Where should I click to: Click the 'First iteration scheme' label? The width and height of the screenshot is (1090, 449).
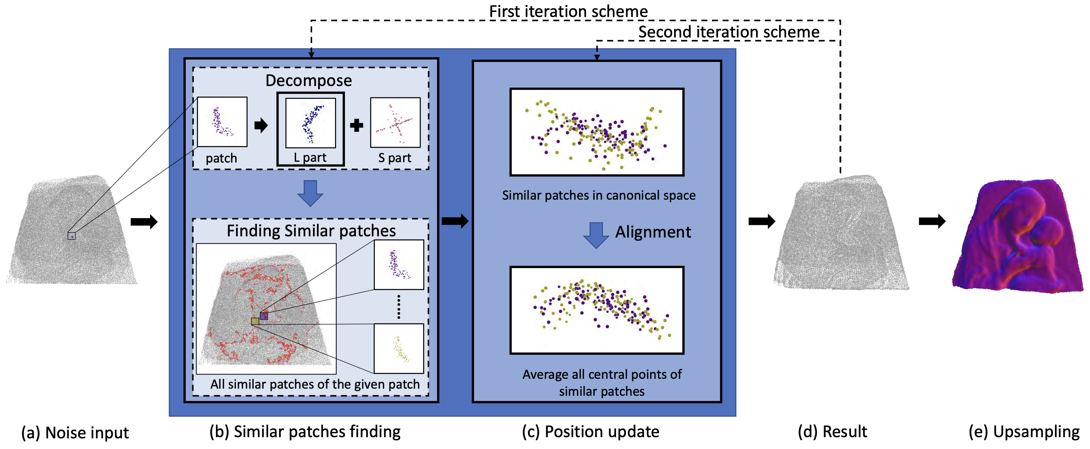568,11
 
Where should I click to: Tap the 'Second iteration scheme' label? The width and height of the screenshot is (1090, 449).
729,32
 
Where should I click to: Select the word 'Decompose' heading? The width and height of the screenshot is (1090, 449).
309,80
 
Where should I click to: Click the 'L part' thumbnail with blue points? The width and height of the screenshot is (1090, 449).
311,123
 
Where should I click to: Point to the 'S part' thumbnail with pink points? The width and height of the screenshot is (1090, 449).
395,123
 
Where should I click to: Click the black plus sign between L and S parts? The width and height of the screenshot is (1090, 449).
357,125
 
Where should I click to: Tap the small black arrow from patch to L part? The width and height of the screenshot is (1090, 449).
261,125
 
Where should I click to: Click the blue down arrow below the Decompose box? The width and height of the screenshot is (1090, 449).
310,193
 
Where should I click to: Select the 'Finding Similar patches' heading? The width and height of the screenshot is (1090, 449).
311,231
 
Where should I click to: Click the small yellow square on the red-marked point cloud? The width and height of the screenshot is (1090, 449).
255,321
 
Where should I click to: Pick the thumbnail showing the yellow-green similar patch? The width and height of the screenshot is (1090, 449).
399,349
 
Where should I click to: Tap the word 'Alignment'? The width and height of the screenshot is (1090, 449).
653,232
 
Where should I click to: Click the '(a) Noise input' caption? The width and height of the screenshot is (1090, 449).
75,432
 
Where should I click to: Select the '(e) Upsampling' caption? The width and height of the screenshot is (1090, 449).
1024,432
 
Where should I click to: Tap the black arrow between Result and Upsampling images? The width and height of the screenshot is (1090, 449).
932,221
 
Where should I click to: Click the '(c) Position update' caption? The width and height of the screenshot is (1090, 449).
590,432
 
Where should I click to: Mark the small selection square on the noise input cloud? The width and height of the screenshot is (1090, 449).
71,236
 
